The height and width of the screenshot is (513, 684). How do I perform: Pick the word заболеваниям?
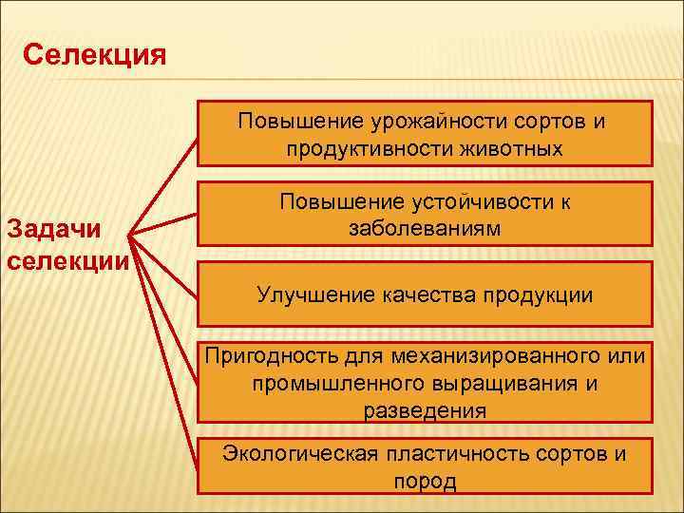424,229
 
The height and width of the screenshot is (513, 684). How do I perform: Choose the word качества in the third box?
414,295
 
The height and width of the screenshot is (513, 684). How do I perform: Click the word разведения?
424,410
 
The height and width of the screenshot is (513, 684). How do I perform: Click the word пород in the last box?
424,481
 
